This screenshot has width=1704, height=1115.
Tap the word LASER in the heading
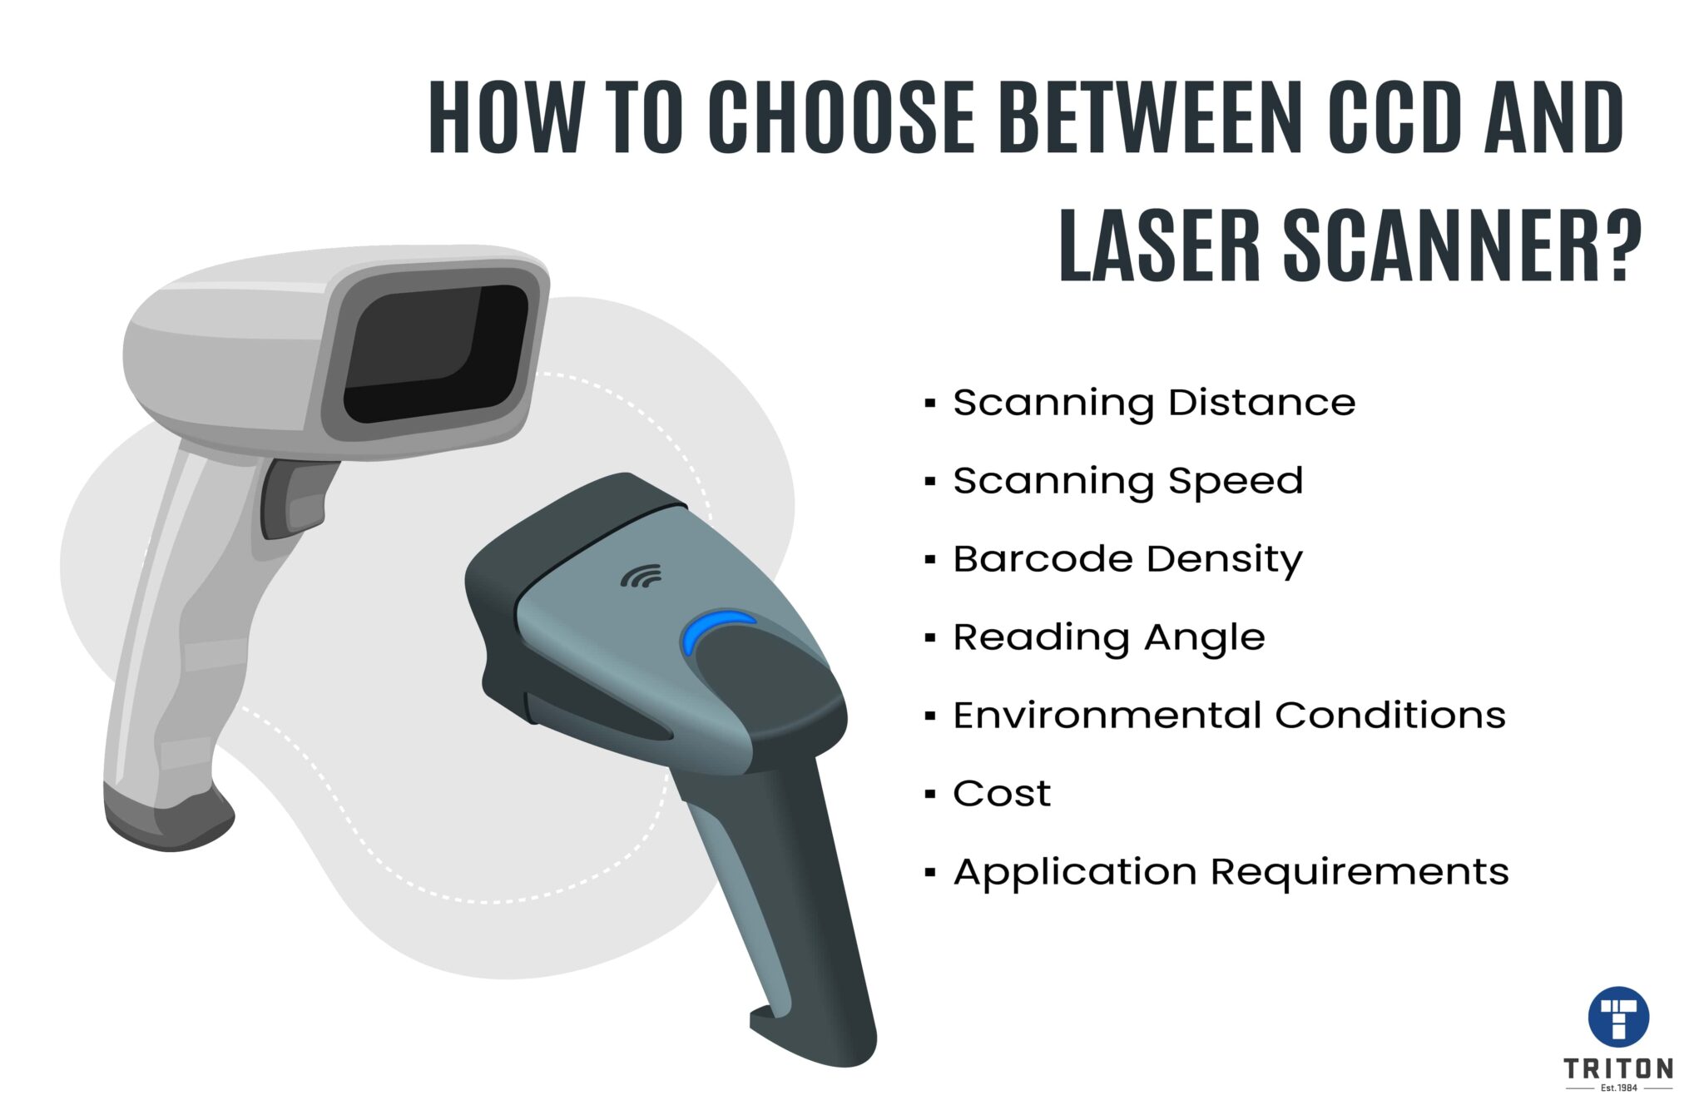point(1162,248)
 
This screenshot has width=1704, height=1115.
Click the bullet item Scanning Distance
point(1153,404)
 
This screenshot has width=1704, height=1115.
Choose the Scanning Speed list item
point(1127,482)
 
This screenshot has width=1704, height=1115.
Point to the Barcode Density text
point(1127,559)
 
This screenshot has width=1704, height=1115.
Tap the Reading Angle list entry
point(1108,638)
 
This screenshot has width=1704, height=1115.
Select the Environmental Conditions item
point(1229,716)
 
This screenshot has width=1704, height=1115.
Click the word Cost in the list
point(1002,794)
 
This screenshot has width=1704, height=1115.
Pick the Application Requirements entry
point(1231,872)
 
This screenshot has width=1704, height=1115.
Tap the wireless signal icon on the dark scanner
point(641,576)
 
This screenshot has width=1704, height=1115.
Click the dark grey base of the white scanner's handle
point(166,820)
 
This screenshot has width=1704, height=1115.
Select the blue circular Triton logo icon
point(1618,1018)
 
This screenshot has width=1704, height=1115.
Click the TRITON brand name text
point(1617,1068)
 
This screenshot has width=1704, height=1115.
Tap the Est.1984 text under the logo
point(1617,1088)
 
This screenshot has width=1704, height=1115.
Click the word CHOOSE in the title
point(840,118)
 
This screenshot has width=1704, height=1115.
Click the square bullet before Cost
point(930,795)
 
